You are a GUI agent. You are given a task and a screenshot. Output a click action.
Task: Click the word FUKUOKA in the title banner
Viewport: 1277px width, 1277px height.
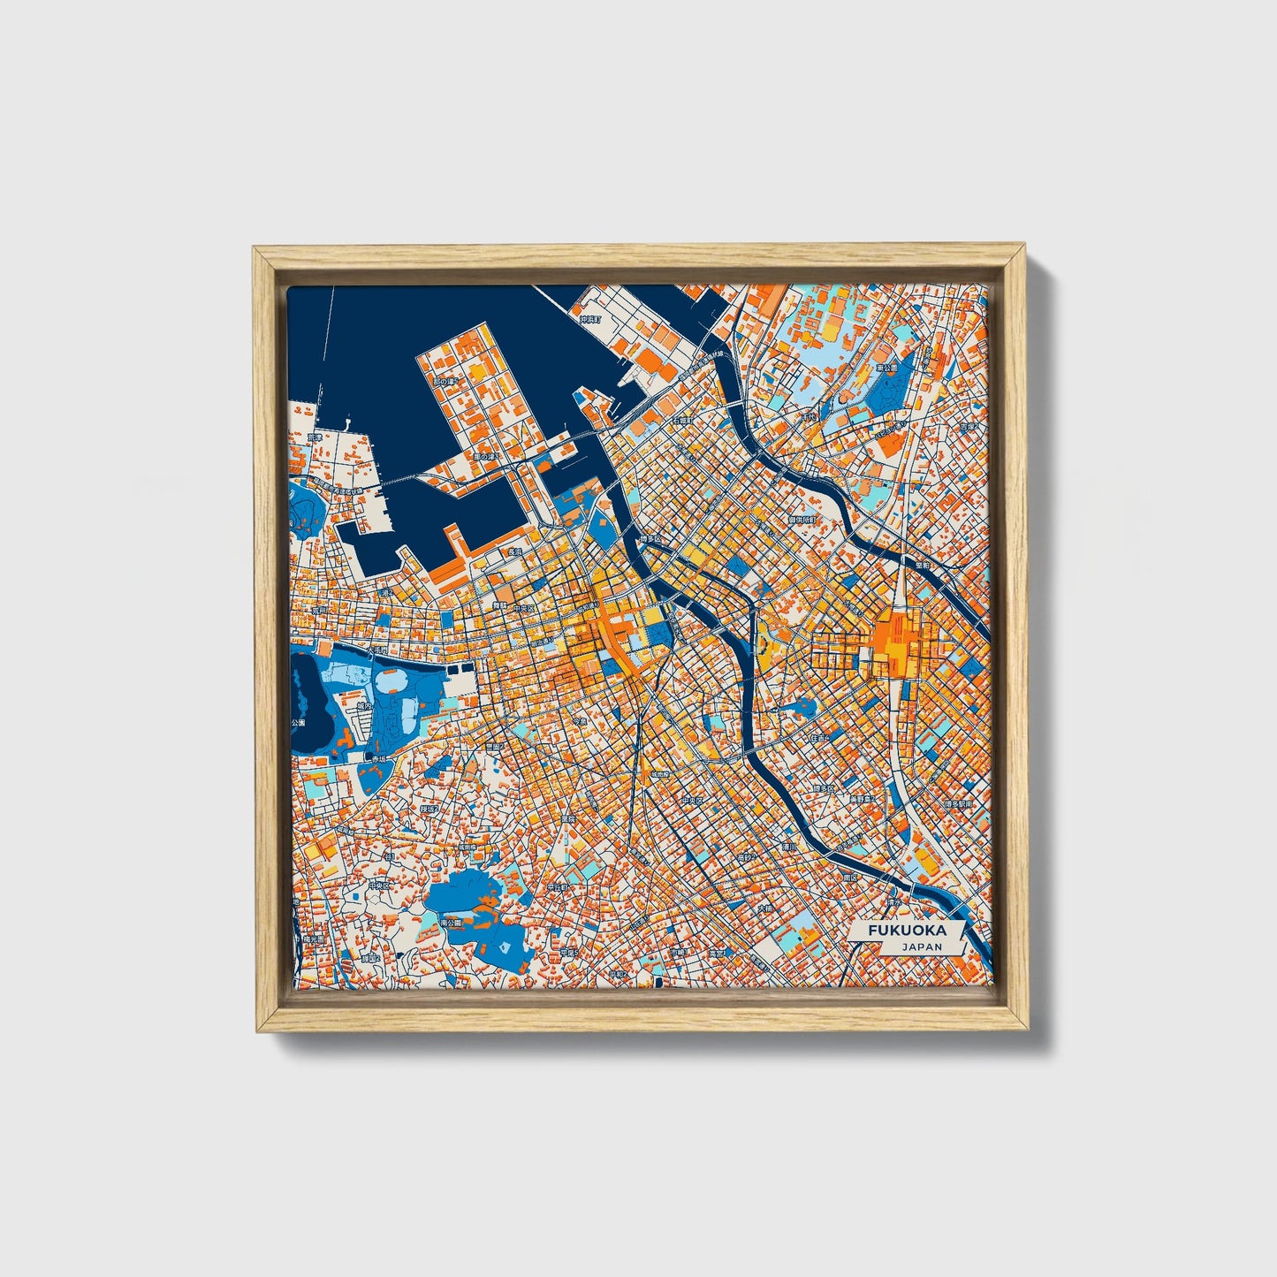pos(906,931)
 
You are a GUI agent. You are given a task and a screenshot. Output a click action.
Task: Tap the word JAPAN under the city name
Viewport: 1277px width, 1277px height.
pos(922,946)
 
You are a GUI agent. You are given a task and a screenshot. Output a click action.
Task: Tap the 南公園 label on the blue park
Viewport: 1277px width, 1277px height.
pos(452,922)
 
